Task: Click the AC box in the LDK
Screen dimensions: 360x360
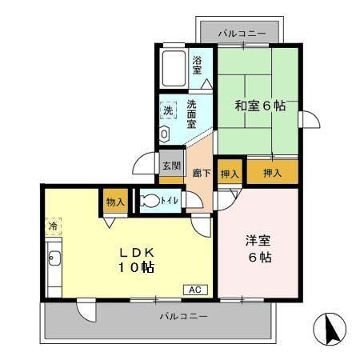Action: point(195,290)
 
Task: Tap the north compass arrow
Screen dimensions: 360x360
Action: point(331,330)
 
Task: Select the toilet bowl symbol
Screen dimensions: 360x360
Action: point(150,201)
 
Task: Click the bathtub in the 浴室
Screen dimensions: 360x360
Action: point(174,69)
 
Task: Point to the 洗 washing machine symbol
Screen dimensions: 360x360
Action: point(168,110)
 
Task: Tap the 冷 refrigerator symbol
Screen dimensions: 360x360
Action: point(53,226)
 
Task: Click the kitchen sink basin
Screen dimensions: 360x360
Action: point(54,258)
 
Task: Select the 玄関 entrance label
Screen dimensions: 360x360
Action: point(172,166)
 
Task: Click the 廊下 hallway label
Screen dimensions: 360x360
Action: point(202,174)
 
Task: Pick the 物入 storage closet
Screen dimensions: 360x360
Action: point(116,201)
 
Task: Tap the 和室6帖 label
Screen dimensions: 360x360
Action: point(260,106)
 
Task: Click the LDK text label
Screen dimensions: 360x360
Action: point(136,253)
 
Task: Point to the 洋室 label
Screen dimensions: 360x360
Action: point(258,241)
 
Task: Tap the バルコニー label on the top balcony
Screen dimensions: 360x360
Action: point(242,34)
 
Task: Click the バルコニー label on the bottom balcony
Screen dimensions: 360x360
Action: point(183,317)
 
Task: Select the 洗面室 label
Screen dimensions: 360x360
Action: point(191,114)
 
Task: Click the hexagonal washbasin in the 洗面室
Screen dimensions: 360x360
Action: point(164,134)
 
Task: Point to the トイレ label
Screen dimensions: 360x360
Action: point(170,200)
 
